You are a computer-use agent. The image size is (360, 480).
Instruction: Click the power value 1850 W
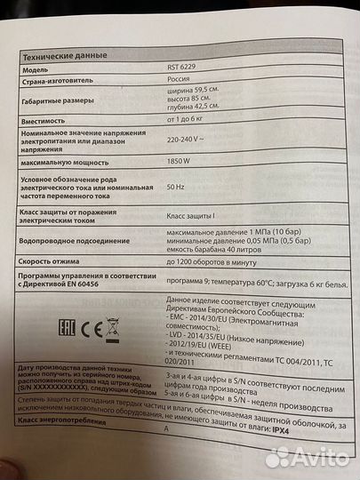(x=180, y=161)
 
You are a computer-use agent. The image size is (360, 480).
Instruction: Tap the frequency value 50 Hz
(x=178, y=188)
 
